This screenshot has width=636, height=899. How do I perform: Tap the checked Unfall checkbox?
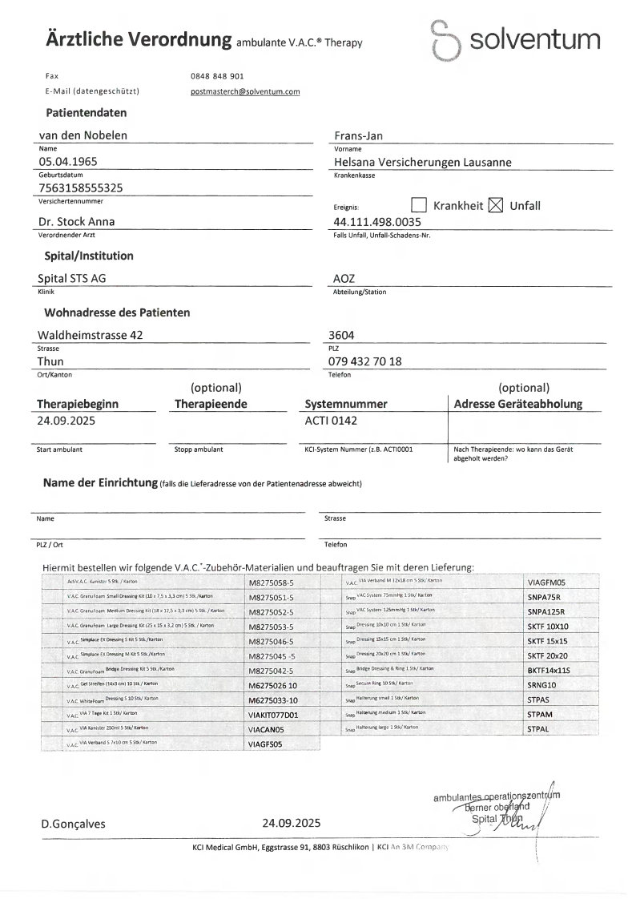(495, 205)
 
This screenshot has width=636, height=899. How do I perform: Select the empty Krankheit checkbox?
(419, 205)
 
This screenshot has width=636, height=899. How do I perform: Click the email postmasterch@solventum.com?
(245, 91)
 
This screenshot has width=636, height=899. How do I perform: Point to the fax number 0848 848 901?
(217, 75)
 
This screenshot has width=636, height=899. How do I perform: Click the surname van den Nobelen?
(83, 135)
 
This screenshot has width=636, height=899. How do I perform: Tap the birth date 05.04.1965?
(68, 162)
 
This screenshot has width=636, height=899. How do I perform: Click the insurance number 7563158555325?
(81, 187)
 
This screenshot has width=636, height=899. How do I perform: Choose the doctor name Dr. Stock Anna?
(76, 221)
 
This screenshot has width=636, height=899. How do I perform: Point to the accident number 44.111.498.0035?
(376, 221)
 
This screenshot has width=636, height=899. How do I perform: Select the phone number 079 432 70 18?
(367, 361)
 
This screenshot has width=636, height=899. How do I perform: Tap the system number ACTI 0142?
(332, 419)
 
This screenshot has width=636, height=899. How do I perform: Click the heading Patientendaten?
(86, 113)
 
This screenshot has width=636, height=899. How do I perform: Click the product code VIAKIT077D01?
(273, 715)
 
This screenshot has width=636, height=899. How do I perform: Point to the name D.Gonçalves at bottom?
(73, 823)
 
